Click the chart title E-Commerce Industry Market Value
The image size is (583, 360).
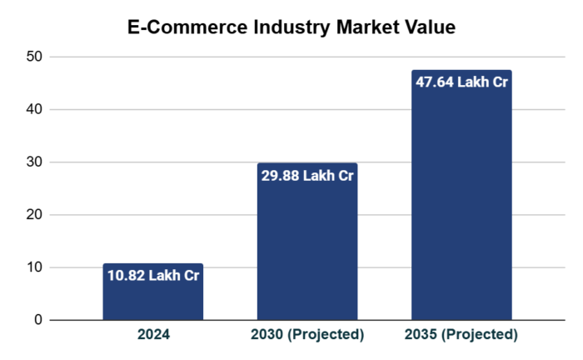(x=291, y=27)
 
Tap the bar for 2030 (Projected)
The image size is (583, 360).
(x=307, y=250)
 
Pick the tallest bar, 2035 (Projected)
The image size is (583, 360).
(x=461, y=208)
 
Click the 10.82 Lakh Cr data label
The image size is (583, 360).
(x=153, y=276)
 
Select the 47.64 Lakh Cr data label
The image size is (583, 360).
(x=461, y=82)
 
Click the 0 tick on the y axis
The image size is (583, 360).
(x=37, y=320)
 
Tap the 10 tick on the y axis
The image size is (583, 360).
(x=33, y=267)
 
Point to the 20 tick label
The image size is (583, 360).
(x=33, y=215)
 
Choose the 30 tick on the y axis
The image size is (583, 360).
(x=33, y=162)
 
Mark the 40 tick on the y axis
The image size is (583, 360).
(x=33, y=109)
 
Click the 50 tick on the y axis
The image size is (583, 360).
(x=33, y=57)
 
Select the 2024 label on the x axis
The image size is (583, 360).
(x=153, y=335)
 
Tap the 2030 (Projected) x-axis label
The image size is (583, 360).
(x=307, y=335)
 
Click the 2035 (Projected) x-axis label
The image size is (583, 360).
(x=461, y=335)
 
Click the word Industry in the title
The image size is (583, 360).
(x=286, y=27)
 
